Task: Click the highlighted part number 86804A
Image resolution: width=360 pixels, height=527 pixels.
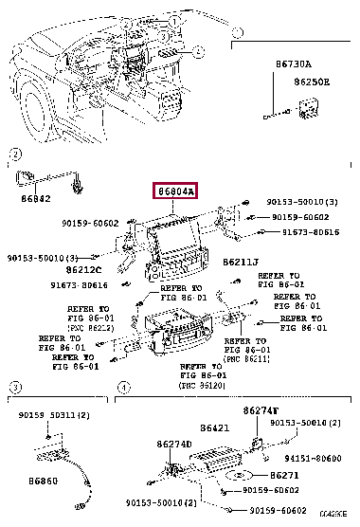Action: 176,191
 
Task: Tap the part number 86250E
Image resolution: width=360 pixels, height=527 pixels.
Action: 312,82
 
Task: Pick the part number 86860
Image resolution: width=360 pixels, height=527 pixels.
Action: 34,481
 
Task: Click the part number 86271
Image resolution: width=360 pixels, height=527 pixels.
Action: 284,473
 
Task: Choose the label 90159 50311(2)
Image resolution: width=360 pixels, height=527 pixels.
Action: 54,415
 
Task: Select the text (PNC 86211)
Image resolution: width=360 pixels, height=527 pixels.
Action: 245,359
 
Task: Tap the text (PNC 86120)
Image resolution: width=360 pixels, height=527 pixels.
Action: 201,387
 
